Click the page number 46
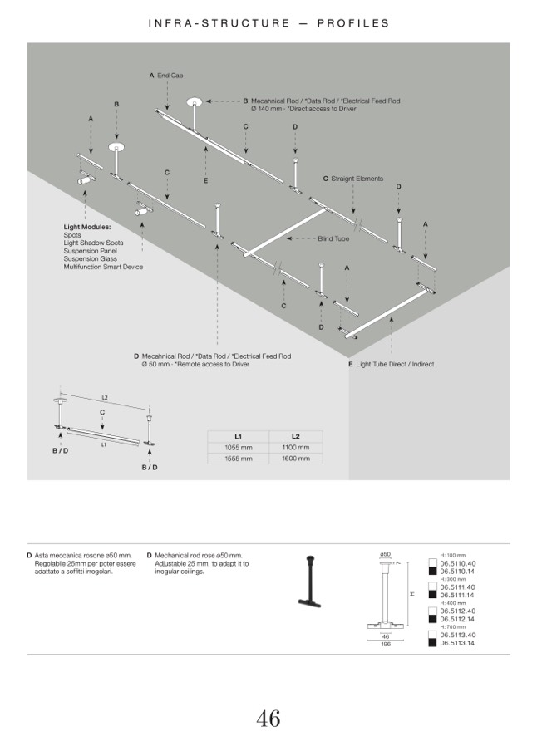tap(268, 718)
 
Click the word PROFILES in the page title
tap(352, 23)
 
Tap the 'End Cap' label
tap(170, 76)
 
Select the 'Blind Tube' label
tap(333, 238)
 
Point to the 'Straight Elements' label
tap(357, 179)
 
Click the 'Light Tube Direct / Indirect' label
tap(395, 364)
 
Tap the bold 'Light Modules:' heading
tap(87, 226)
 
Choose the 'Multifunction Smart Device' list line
tap(103, 267)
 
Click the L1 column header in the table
tap(238, 436)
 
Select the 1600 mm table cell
tap(295, 458)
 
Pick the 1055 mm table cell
tap(238, 447)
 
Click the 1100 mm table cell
tap(295, 447)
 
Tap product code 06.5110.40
tap(457, 563)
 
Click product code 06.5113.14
tap(457, 643)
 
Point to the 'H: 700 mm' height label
tap(453, 627)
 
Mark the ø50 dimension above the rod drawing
tap(386, 554)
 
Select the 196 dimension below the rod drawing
tap(386, 644)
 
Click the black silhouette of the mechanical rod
tap(309, 582)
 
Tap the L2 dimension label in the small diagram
tap(106, 398)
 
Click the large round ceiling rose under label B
tap(117, 148)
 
